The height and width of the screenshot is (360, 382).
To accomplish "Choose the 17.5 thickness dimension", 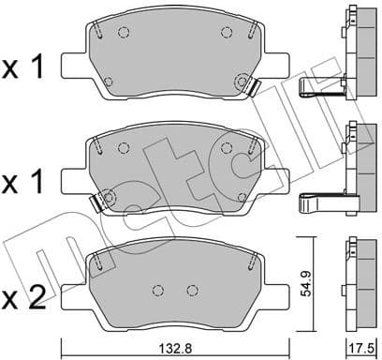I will point(359,346).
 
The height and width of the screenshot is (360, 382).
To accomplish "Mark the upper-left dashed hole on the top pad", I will point(123,33).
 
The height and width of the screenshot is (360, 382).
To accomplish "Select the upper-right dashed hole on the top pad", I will point(226,33).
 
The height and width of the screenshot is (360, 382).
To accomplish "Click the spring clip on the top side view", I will point(318,88).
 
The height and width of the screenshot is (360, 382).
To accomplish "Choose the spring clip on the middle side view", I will point(318,202).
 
